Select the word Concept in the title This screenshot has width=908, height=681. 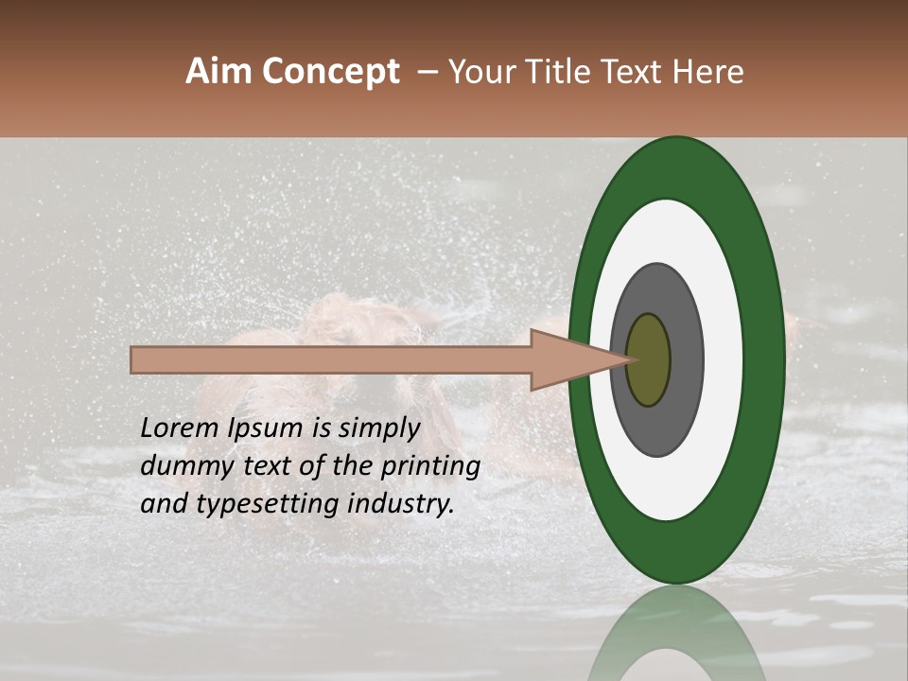click(x=330, y=72)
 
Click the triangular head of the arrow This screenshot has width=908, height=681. click(x=567, y=359)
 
